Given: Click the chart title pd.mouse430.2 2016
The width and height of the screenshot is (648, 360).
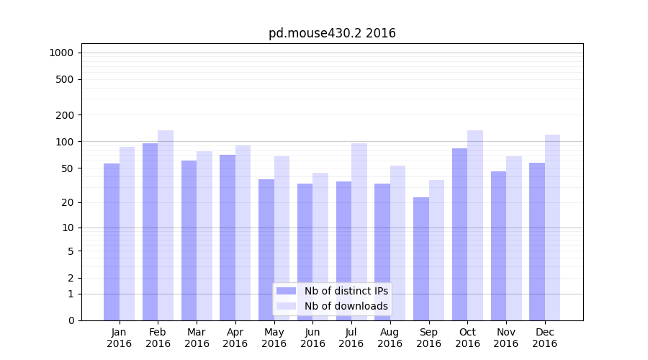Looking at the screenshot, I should (332, 33).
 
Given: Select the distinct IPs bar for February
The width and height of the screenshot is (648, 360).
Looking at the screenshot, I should (150, 230).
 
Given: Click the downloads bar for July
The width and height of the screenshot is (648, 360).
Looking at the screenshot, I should (359, 230).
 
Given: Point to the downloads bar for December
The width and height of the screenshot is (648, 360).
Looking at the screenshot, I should (552, 227).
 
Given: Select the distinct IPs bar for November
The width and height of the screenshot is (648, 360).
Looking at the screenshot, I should (498, 245).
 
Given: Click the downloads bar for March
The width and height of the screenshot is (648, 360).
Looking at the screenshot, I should (204, 235).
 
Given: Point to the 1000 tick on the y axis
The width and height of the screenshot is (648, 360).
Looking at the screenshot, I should (61, 53).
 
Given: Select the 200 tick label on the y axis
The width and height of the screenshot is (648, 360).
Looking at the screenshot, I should (65, 115).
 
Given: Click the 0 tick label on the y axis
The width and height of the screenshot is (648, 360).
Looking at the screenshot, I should (71, 320).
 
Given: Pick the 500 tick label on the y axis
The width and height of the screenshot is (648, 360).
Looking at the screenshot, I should (65, 79).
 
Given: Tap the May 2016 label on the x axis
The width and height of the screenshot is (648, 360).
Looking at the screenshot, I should (274, 338).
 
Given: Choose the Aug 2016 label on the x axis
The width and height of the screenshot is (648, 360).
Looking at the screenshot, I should (390, 338).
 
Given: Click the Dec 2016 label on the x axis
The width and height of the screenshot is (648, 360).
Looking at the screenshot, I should (544, 338).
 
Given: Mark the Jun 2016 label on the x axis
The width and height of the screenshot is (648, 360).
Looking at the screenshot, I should (312, 338).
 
